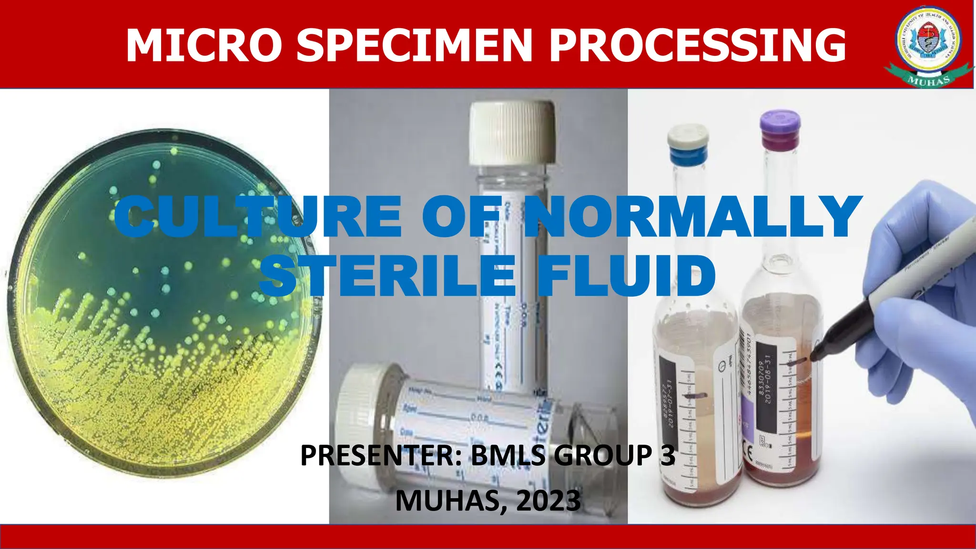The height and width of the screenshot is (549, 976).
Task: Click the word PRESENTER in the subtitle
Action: [x=381, y=456]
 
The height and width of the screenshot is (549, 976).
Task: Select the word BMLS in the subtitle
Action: [x=508, y=456]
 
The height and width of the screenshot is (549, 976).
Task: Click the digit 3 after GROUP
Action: [x=668, y=456]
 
